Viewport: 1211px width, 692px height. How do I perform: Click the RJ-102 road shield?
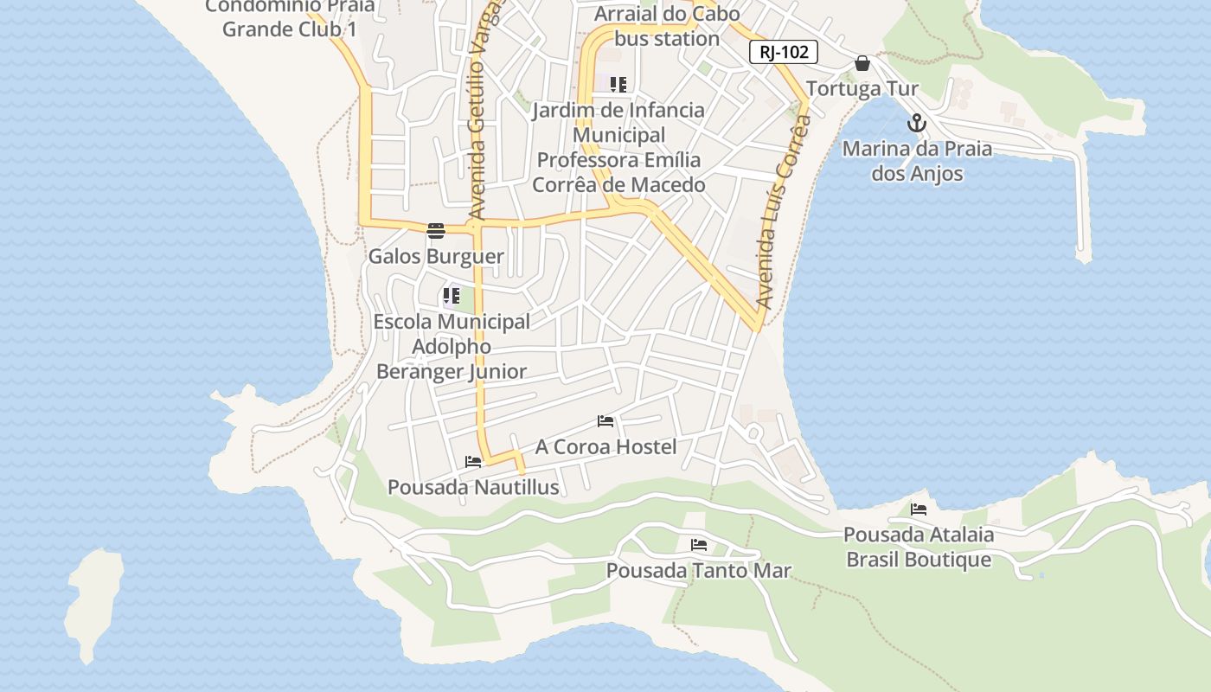pos(784,52)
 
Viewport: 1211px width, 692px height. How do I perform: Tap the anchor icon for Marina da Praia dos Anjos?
pos(917,124)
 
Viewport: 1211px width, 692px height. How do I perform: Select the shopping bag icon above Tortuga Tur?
pos(862,63)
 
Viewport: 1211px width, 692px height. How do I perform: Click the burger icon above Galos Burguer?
pos(436,231)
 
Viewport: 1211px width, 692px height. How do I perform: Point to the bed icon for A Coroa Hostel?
pos(605,421)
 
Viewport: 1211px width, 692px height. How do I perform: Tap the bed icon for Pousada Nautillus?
pos(473,462)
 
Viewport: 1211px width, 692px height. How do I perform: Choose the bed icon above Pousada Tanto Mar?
pos(699,545)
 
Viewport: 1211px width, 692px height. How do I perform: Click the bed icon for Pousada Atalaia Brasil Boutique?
pos(919,509)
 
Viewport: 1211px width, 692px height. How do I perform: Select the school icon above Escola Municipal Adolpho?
pos(452,296)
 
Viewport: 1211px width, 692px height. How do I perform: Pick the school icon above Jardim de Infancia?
pos(618,85)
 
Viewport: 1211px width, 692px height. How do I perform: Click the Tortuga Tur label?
pos(862,88)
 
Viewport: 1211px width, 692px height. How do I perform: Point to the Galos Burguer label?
pos(436,256)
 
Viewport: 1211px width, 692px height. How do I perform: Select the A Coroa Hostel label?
pos(605,446)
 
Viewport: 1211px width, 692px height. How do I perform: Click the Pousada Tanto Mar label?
pos(699,571)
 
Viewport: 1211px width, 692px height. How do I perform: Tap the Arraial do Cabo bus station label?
pos(667,26)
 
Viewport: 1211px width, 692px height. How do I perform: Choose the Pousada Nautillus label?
pos(473,487)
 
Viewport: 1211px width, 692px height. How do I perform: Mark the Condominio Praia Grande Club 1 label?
pos(290,17)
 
